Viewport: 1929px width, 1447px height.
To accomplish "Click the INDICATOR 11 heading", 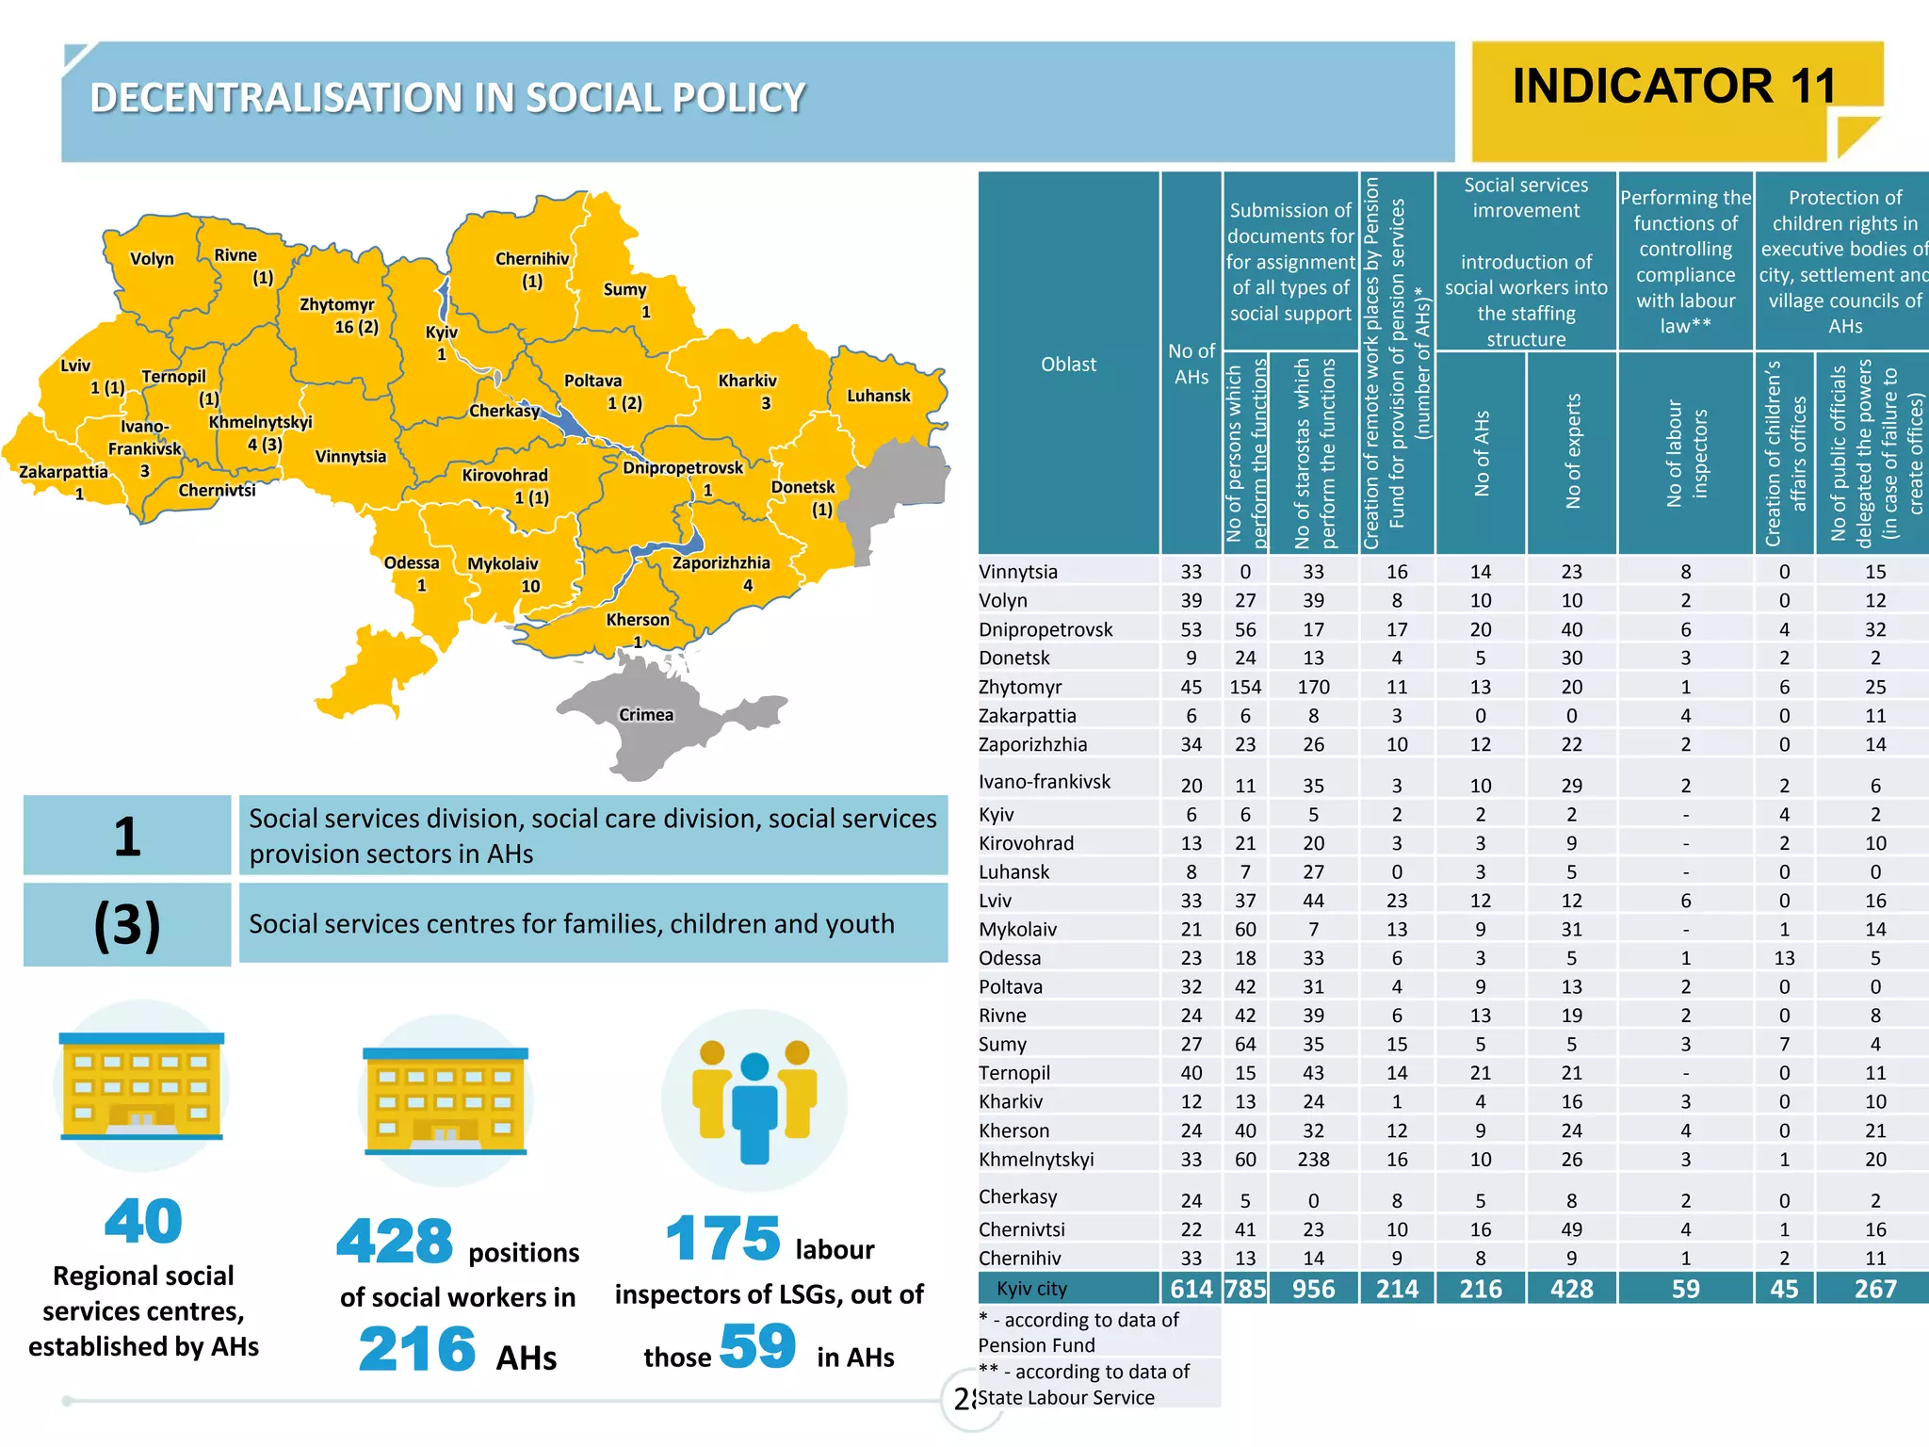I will click(1675, 86).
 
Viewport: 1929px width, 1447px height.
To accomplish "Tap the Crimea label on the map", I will click(646, 715).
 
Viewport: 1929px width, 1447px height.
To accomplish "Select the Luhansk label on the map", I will click(878, 396).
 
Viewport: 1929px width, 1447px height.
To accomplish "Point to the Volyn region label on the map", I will click(152, 259).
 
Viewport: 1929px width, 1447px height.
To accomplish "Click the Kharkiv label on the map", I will click(747, 381).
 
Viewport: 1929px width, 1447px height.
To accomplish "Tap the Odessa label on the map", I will click(412, 563).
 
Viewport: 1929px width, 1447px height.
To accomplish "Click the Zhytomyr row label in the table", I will click(1020, 687).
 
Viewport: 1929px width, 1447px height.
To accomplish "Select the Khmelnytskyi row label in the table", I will click(1036, 1160).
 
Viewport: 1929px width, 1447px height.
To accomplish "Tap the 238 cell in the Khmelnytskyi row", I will click(1313, 1160).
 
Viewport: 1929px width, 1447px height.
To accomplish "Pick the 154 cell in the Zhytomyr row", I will click(1245, 687).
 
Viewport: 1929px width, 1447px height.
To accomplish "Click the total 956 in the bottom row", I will click(1313, 1289).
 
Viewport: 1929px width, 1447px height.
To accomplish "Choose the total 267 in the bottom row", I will click(1874, 1289).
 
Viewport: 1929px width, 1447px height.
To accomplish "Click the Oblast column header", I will click(1068, 364).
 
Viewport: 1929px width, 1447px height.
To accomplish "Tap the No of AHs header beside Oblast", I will click(1191, 364).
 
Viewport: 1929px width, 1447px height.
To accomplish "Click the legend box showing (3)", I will click(127, 924).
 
